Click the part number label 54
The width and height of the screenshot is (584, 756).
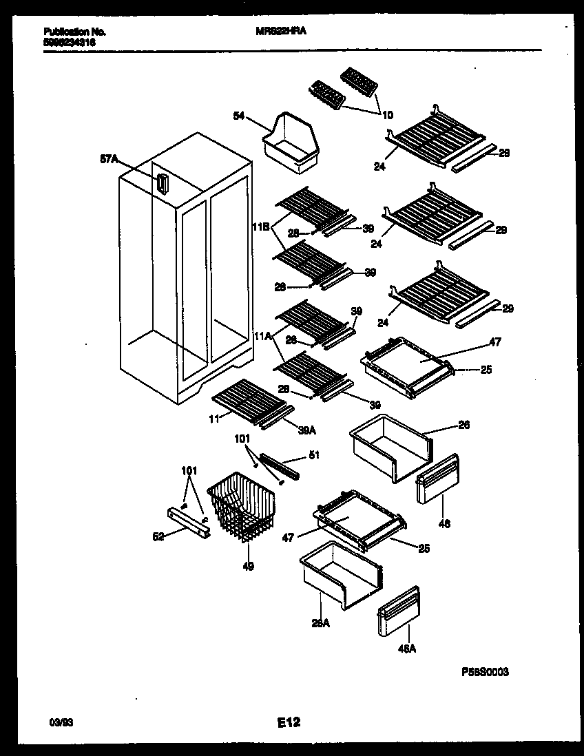(x=238, y=118)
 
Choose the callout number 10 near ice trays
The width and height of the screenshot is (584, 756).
(x=388, y=115)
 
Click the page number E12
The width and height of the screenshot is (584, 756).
(x=289, y=722)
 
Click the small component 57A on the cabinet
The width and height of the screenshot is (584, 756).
(x=162, y=185)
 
